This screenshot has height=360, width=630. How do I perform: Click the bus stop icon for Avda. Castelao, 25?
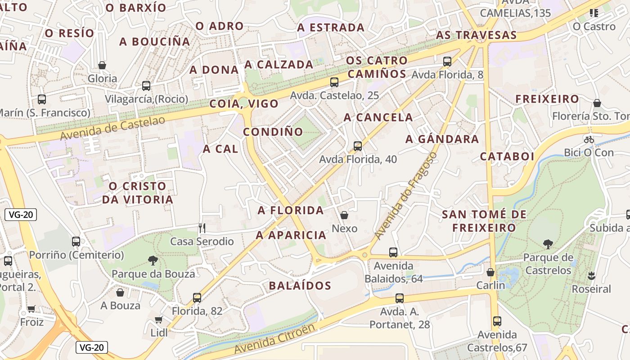(334, 82)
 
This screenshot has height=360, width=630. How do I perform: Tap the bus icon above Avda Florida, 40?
(358, 146)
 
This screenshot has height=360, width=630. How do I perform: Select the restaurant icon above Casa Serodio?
(202, 228)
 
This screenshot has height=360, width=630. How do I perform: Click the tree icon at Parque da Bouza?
(153, 260)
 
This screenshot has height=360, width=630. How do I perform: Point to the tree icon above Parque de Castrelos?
(548, 244)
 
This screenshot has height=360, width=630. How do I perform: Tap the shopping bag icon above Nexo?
(344, 215)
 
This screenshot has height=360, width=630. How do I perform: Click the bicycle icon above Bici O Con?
(589, 139)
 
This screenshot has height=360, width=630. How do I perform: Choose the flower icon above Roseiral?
(591, 275)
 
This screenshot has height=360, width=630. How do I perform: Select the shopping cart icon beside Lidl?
(158, 320)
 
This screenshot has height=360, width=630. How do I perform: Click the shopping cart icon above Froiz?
(31, 309)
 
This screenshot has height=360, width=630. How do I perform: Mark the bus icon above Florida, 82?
(197, 297)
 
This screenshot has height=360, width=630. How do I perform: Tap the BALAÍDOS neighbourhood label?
(300, 286)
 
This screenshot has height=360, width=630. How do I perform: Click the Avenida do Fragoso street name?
(405, 196)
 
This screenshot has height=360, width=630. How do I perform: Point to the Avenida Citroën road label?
(274, 339)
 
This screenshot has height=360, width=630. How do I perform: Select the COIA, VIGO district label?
(244, 104)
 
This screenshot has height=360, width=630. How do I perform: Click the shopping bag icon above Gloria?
(102, 65)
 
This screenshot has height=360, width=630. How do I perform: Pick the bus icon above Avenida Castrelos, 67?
(497, 321)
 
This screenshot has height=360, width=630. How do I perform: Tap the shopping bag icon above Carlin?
(490, 272)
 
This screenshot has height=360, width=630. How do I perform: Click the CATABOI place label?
(507, 157)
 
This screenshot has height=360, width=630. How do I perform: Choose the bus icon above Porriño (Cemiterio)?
(76, 242)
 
